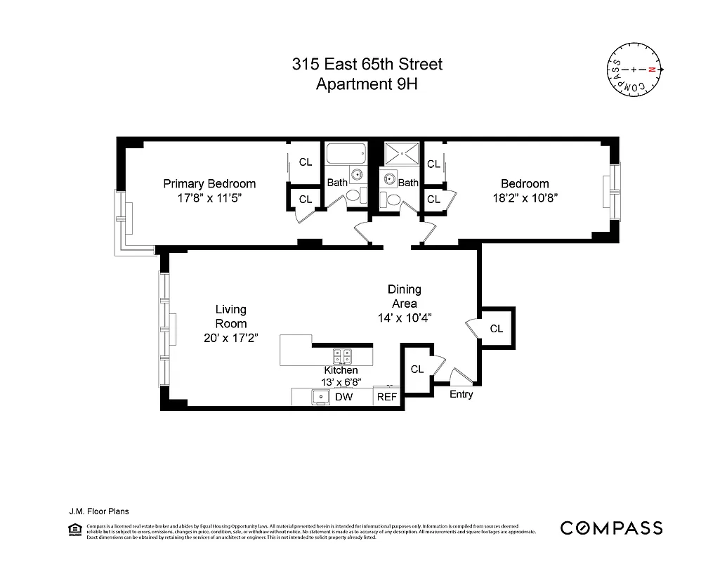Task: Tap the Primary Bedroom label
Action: [x=209, y=183]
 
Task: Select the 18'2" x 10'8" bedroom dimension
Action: [x=525, y=197]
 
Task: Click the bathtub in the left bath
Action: [x=345, y=153]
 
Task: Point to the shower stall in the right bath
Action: [x=400, y=153]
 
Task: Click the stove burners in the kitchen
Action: [x=342, y=355]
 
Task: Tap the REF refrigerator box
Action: [x=387, y=397]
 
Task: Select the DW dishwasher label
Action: [x=343, y=397]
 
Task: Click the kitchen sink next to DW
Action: [x=321, y=397]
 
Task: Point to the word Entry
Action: [x=461, y=394]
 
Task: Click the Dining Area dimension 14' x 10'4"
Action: [x=404, y=318]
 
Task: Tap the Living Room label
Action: [x=230, y=316]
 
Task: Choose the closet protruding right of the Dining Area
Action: [x=497, y=328]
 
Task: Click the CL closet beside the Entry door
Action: [x=417, y=369]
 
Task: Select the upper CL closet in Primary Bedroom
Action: [x=305, y=162]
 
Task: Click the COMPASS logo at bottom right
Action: [x=610, y=528]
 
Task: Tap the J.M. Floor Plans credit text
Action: [x=98, y=512]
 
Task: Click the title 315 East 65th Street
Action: [x=367, y=65]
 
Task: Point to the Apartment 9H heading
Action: [x=367, y=85]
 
